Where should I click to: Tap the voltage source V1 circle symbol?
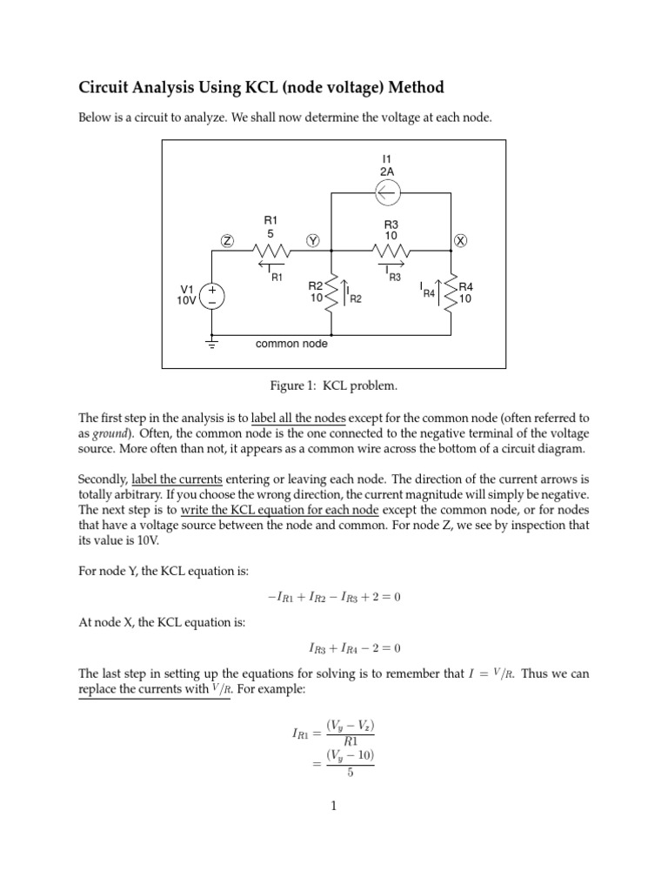(212, 296)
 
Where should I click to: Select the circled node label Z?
(226, 240)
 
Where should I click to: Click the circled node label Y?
(313, 240)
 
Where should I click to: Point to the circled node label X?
(460, 240)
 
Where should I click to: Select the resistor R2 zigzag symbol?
(332, 296)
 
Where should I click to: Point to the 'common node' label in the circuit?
(291, 345)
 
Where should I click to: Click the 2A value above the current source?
(388, 172)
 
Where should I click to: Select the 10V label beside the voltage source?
(186, 302)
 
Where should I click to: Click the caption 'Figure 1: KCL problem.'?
(334, 385)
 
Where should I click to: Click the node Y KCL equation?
(334, 597)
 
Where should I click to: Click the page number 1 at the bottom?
(334, 806)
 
